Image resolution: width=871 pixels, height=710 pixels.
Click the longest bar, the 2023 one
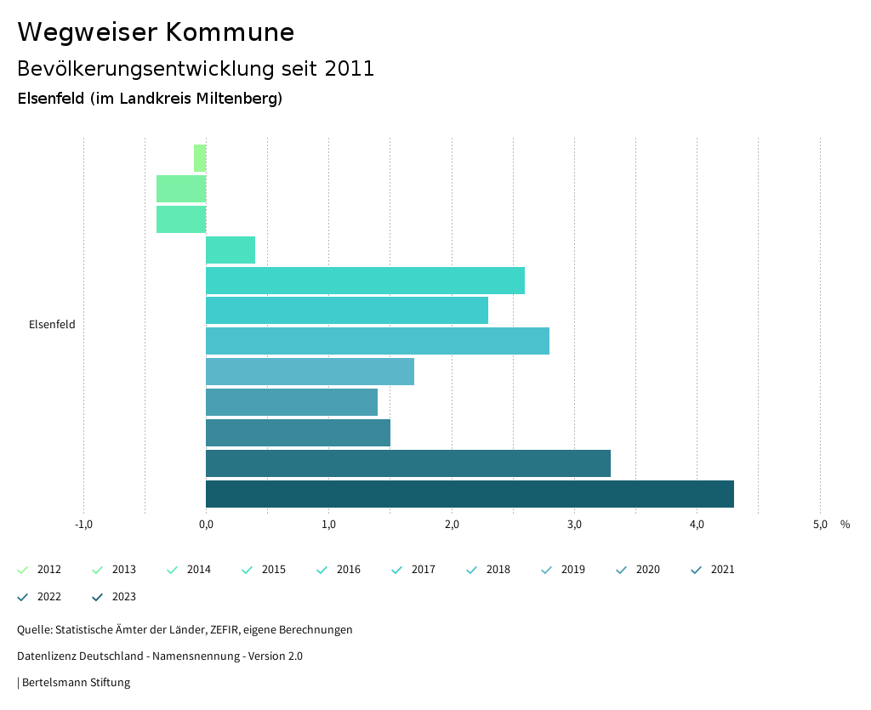pos(470,494)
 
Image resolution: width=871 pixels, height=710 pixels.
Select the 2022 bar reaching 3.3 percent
pos(408,463)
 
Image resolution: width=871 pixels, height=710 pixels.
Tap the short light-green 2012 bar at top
pos(200,158)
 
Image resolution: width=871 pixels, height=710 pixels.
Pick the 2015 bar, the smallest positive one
pos(231,250)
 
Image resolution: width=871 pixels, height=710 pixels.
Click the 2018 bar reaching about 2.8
pos(378,341)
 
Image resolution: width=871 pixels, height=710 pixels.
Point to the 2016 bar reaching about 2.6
pos(365,281)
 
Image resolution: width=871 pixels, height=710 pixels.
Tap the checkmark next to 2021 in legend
pos(697,570)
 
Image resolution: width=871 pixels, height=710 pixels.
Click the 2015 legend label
pos(274,570)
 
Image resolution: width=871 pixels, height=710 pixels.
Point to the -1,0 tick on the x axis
pos(83,525)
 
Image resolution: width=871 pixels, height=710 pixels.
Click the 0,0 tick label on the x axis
pos(206,525)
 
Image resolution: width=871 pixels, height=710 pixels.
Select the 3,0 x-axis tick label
pos(574,525)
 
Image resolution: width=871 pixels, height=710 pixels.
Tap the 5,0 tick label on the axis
pos(820,525)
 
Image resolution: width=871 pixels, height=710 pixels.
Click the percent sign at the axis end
pos(845,525)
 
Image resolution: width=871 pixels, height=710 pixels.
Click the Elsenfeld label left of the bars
pos(52,324)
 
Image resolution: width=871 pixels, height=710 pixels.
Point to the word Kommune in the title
pos(230,32)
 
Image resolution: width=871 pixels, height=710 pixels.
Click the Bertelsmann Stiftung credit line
pos(76,683)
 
